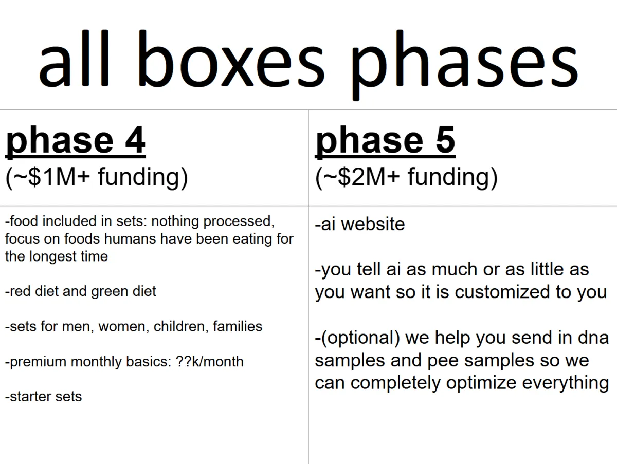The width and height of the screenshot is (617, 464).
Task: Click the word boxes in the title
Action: coord(231,58)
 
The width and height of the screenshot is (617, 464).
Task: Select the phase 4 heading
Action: coord(76,142)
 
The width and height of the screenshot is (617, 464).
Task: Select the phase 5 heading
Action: coord(385,142)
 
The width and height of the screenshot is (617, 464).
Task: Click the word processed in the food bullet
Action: coord(239,222)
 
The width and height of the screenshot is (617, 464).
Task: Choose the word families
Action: coord(238,326)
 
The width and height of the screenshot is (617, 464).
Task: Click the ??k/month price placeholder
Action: coord(209,361)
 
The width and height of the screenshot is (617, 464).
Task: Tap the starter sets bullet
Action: coord(43,397)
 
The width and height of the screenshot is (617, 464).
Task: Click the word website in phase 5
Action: coord(373,224)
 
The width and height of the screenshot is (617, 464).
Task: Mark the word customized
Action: coord(502,292)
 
